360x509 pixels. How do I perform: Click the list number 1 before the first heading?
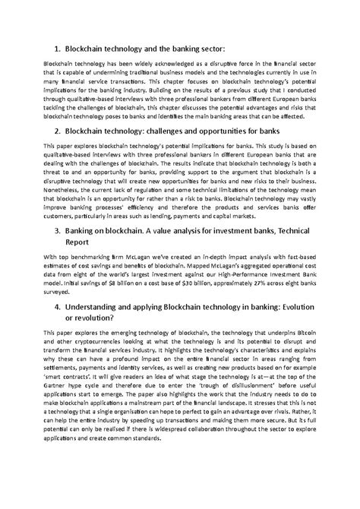[55, 47]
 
